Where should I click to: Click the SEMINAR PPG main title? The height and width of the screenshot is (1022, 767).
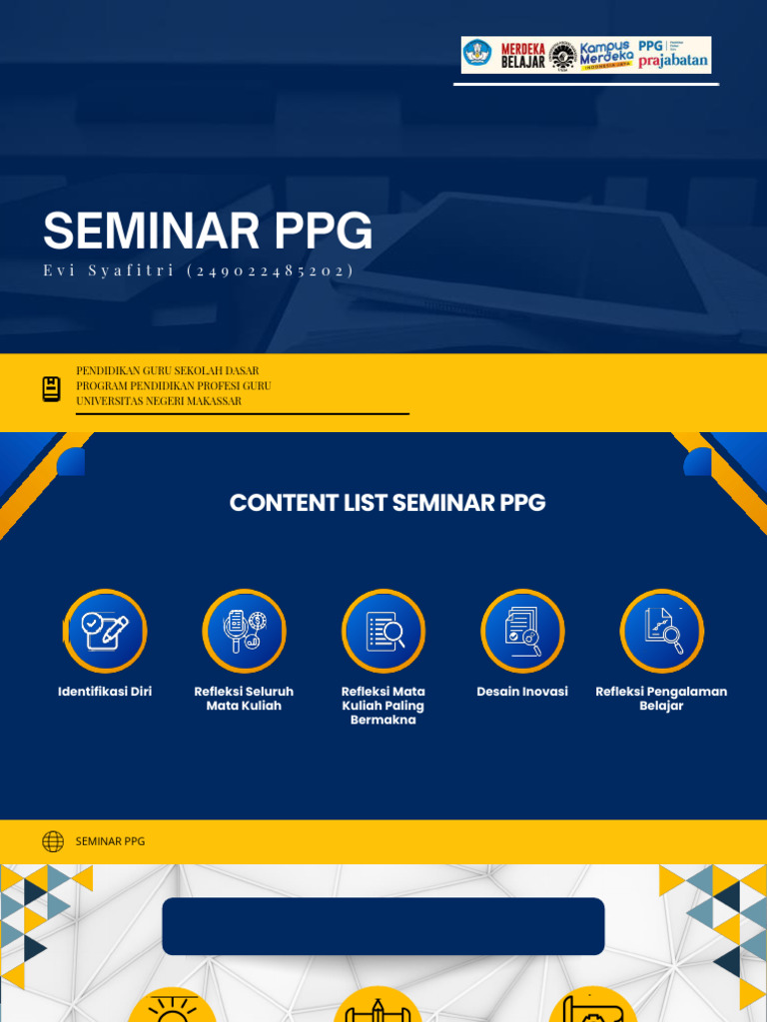pos(208,232)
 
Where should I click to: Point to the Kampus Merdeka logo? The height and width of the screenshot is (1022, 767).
pos(605,55)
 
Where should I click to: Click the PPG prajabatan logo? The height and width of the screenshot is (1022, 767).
pos(673,55)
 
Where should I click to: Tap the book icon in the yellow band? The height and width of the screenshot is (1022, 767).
pos(51,389)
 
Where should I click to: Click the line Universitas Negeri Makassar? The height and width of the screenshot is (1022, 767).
pos(159,401)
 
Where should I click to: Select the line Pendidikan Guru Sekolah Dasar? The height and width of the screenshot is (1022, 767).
pos(168,370)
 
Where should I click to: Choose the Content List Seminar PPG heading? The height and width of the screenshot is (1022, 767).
pos(387,503)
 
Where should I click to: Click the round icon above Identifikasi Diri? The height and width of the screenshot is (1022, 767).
pos(105,631)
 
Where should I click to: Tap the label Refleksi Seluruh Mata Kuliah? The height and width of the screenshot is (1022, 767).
pos(244,698)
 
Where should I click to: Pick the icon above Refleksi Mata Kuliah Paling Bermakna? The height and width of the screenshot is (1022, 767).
pos(383,631)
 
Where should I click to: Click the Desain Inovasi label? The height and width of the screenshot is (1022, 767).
pos(522,691)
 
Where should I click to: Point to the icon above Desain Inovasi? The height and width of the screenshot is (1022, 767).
pos(522,631)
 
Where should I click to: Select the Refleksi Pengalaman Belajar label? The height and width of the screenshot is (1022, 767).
pos(661,698)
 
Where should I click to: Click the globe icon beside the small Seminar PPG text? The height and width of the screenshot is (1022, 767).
pos(53,841)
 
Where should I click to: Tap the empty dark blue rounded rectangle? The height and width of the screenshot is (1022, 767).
pos(383,926)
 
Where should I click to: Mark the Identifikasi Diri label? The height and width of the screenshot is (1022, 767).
pos(105,691)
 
